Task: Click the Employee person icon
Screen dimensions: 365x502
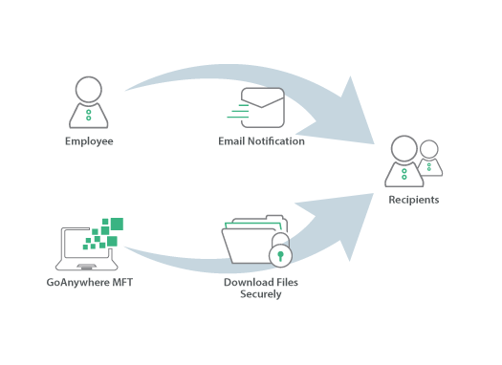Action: (88, 103)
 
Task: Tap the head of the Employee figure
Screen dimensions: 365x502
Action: (88, 90)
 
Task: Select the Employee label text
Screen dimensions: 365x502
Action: (88, 141)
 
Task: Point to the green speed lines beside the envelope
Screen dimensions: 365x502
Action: (235, 111)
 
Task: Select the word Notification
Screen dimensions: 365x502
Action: (276, 141)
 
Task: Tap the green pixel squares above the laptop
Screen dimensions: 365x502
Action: (107, 231)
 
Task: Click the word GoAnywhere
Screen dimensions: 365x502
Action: (74, 283)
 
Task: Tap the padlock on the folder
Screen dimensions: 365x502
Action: (280, 256)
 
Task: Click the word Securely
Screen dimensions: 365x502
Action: (260, 294)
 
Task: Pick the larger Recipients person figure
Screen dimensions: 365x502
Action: (404, 162)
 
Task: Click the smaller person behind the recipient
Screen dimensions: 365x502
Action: (430, 159)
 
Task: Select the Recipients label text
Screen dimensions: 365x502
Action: (413, 200)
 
